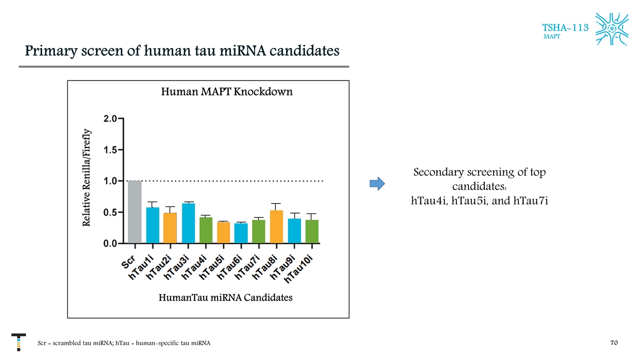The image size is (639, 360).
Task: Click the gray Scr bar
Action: pyautogui.click(x=135, y=212)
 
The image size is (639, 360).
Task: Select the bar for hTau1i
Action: pyautogui.click(x=152, y=225)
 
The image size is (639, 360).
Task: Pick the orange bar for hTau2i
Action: pyautogui.click(x=170, y=228)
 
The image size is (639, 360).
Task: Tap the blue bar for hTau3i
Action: pyautogui.click(x=188, y=223)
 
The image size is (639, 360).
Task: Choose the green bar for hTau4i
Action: pyautogui.click(x=206, y=230)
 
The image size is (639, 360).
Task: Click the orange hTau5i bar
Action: pyautogui.click(x=224, y=232)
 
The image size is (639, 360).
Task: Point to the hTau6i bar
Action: pyautogui.click(x=241, y=233)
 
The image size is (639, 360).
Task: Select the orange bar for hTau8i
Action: pyautogui.click(x=277, y=226)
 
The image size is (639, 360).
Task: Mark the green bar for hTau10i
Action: pyautogui.click(x=312, y=231)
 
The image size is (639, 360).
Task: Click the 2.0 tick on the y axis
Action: pyautogui.click(x=110, y=119)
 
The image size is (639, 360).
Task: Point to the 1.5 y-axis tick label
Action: pyautogui.click(x=110, y=150)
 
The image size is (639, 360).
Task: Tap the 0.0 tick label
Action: pyautogui.click(x=110, y=243)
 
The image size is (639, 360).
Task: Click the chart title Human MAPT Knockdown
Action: pyautogui.click(x=227, y=92)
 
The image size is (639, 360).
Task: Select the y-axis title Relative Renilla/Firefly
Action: pyautogui.click(x=87, y=177)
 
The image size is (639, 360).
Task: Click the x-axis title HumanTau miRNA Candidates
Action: pyautogui.click(x=225, y=298)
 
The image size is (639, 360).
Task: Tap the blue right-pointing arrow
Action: pyautogui.click(x=377, y=183)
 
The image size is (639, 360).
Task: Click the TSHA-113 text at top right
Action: pyautogui.click(x=565, y=27)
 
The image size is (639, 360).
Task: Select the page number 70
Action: pyautogui.click(x=614, y=343)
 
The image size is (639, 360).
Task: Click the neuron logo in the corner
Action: pyautogui.click(x=612, y=28)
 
